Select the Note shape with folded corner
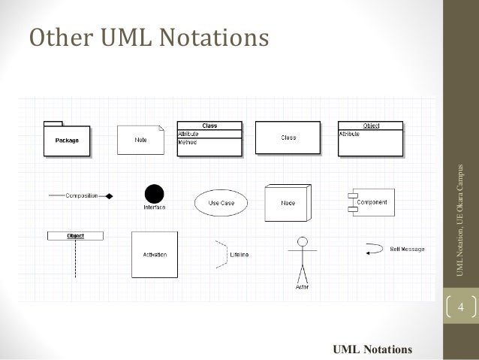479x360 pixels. (x=140, y=139)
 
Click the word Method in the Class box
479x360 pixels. (x=187, y=143)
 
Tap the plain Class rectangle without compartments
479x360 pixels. (x=288, y=138)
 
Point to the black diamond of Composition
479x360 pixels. (x=108, y=195)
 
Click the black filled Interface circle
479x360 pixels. (x=154, y=193)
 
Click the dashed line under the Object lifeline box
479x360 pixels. (x=75, y=259)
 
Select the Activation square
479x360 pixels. (x=155, y=254)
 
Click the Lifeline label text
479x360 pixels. (x=239, y=255)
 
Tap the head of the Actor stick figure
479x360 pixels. (x=303, y=242)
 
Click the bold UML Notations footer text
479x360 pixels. (x=372, y=349)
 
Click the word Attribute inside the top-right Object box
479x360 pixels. (x=350, y=133)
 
